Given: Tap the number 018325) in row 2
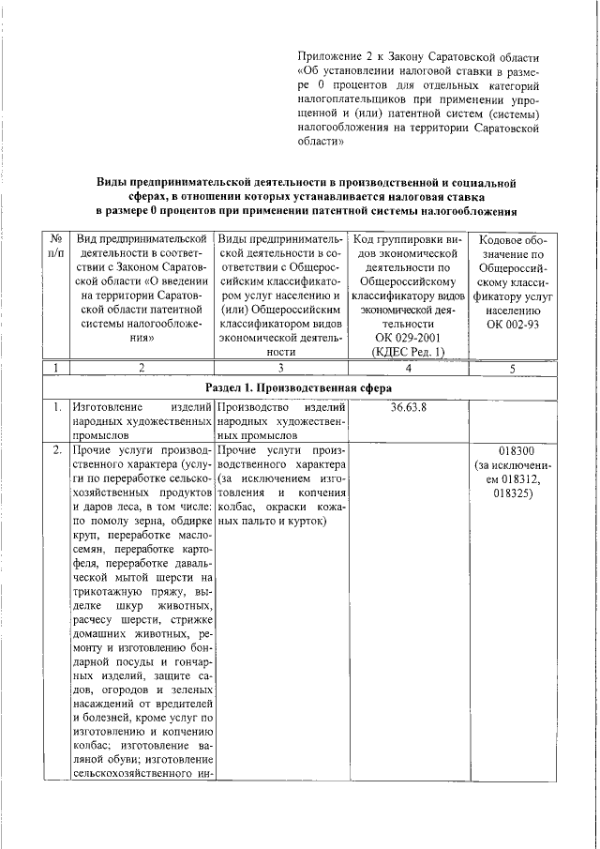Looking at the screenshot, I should point(511,493).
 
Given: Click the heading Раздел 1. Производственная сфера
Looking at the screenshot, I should point(298,387).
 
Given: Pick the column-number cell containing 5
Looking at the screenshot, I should point(511,368).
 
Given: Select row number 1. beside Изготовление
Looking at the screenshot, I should point(57,407).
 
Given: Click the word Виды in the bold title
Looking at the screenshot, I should point(116,182).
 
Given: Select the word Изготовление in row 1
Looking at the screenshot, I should point(106,407).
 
